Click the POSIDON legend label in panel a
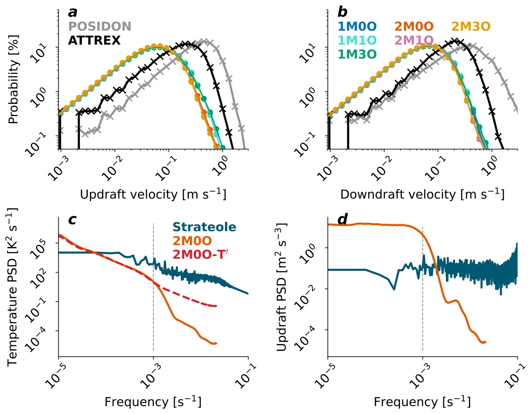[x=100, y=27]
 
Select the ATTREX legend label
[x=94, y=41]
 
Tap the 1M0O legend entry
[x=357, y=27]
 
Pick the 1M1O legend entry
[x=357, y=40]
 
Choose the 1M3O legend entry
[x=357, y=54]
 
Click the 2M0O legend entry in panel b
[x=414, y=27]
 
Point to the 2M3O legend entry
[x=471, y=27]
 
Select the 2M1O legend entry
[x=414, y=40]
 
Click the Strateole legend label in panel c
[x=204, y=227]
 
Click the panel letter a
[x=73, y=13]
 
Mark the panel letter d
[x=342, y=219]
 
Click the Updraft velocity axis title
[x=153, y=194]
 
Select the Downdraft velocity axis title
[x=422, y=194]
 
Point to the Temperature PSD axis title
[x=12, y=287]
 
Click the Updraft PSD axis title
[x=281, y=287]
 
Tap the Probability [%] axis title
[x=13, y=79]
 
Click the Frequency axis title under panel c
[x=153, y=402]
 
